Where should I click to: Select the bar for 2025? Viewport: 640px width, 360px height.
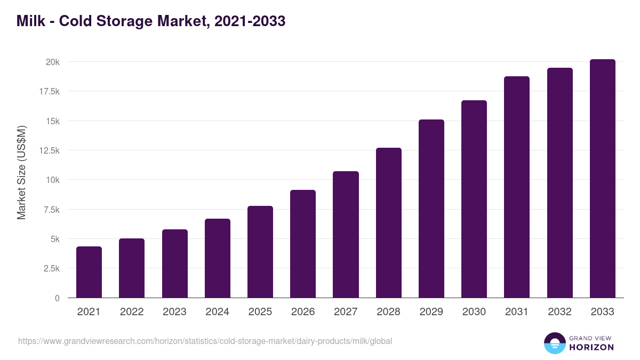(x=260, y=252)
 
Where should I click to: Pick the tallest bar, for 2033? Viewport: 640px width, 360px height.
(x=602, y=179)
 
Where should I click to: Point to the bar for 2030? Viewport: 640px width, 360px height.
(x=474, y=199)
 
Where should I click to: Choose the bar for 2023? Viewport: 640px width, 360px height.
(x=175, y=263)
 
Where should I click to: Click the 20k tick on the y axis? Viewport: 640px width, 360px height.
(x=52, y=62)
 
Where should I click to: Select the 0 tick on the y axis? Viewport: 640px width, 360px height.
(x=57, y=298)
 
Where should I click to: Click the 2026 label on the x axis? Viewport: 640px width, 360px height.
(x=303, y=312)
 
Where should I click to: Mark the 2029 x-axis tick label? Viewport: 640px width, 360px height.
(x=431, y=312)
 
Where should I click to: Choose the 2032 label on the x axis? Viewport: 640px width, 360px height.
(x=559, y=312)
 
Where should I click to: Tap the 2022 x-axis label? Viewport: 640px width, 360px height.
(x=132, y=312)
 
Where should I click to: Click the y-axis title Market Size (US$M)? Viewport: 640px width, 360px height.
(x=21, y=173)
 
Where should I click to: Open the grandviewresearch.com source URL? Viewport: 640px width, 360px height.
(x=205, y=341)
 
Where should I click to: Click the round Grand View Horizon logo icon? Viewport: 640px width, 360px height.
(x=554, y=343)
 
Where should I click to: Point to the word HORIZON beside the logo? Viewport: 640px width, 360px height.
(x=591, y=347)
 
